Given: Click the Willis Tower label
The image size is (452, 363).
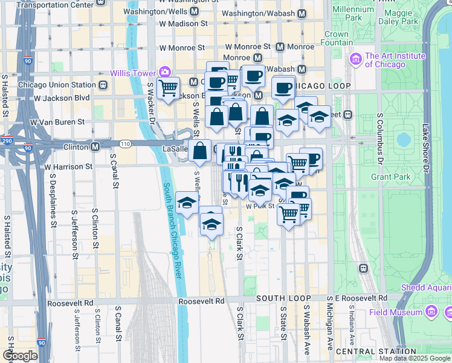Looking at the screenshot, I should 133,73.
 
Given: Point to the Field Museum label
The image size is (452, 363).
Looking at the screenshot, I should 396,312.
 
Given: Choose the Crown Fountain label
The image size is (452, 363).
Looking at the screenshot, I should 336,39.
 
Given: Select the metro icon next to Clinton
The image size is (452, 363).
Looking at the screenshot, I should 95,147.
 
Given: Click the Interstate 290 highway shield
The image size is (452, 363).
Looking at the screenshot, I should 7,140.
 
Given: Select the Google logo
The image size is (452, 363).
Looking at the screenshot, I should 19,356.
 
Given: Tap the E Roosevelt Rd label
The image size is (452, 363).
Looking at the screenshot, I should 361,298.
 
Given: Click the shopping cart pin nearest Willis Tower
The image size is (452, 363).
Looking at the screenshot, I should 168,88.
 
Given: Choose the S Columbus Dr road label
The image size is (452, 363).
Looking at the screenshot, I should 379,137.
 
